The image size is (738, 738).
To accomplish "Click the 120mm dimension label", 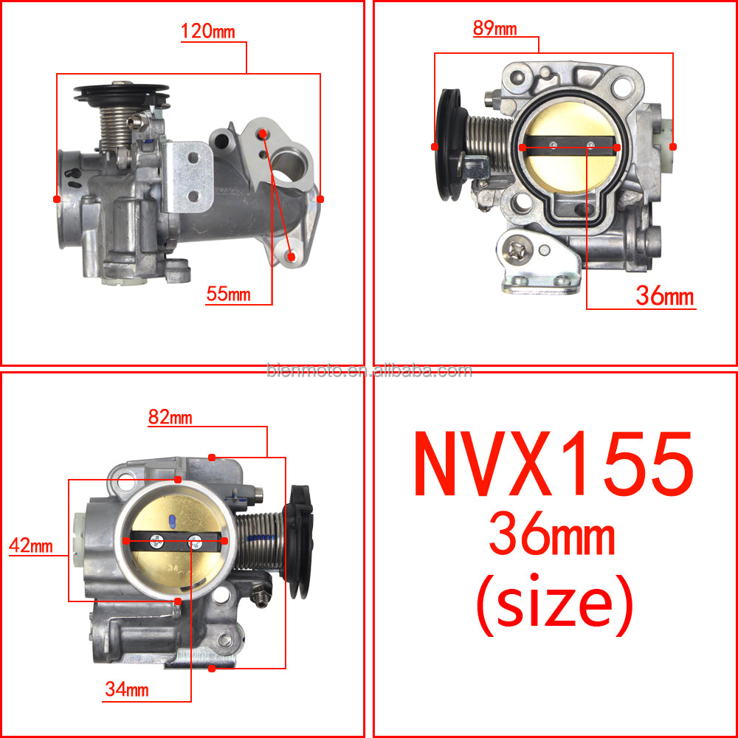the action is [x=208, y=31].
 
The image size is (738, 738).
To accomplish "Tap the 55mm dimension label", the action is [x=228, y=294].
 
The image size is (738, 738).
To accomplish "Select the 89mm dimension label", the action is [x=494, y=28].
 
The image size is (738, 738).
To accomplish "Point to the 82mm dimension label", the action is [x=170, y=417].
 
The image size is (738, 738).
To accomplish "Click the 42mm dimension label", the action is [x=31, y=545].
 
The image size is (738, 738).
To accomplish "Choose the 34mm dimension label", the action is [x=127, y=689].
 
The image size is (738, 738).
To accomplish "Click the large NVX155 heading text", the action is [x=553, y=464].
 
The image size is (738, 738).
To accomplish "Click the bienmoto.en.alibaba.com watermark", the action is [x=369, y=371].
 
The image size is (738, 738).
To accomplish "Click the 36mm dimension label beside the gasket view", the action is [x=665, y=296].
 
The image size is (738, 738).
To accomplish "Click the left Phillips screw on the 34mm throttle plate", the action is [x=156, y=541].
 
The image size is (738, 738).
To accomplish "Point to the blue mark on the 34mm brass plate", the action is [x=172, y=520].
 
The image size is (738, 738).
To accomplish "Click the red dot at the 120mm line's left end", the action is [x=57, y=199].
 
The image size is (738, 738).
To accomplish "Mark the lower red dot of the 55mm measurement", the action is [x=292, y=257].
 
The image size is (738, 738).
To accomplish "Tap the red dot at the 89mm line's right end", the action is [x=673, y=147].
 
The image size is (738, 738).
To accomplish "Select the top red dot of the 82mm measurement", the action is [x=212, y=458].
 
